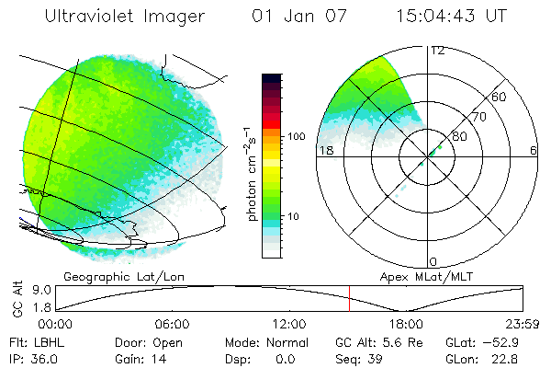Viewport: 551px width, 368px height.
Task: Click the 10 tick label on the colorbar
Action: [x=295, y=217]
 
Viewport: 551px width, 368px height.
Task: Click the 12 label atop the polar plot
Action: [x=437, y=50]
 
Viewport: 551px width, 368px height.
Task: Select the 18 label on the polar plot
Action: [x=324, y=150]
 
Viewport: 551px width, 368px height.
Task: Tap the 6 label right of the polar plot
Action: [x=534, y=150]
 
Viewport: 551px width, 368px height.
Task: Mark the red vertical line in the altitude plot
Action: [x=349, y=298]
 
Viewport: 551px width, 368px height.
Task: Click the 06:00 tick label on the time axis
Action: [x=173, y=324]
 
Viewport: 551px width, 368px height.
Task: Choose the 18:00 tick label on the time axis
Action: [x=406, y=324]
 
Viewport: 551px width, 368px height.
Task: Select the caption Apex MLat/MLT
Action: [x=427, y=276]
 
